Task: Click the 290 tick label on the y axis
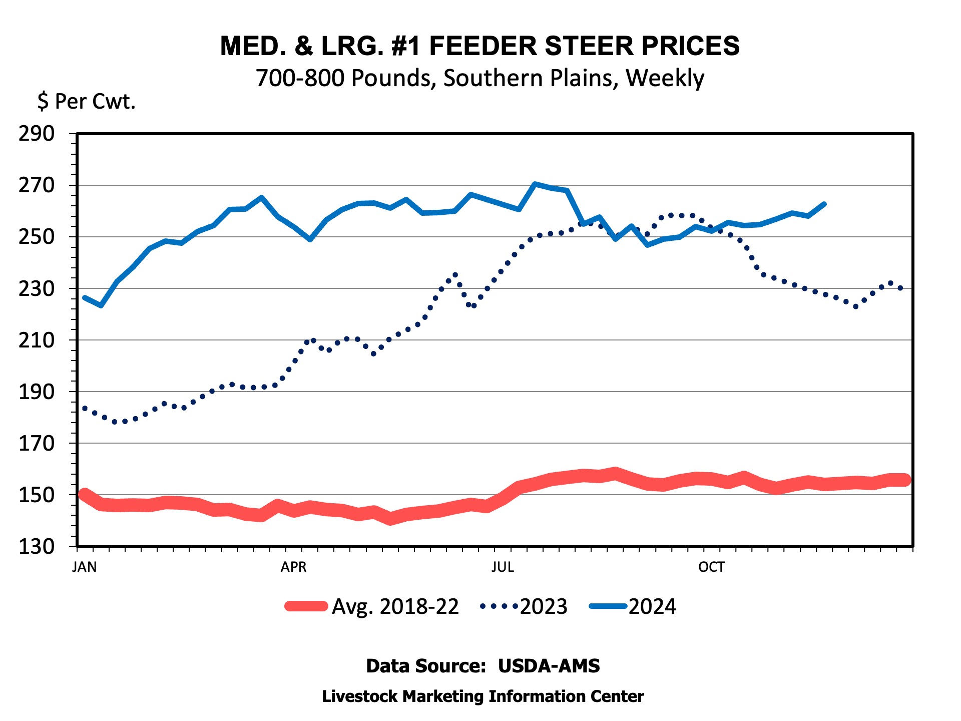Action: point(37,134)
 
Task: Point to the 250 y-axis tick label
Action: point(37,237)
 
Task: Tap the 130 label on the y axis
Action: point(37,546)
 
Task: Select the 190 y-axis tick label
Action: point(37,392)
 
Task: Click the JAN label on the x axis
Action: point(85,567)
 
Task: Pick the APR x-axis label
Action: point(293,567)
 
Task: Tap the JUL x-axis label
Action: point(503,567)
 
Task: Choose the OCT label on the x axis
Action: point(711,567)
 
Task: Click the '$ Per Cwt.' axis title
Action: point(87,101)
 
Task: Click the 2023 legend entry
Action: point(524,606)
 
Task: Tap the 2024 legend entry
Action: point(633,606)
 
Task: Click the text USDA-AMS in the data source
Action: point(549,666)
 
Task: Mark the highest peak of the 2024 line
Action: point(535,184)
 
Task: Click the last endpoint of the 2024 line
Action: point(824,204)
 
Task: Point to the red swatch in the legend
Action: point(306,606)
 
